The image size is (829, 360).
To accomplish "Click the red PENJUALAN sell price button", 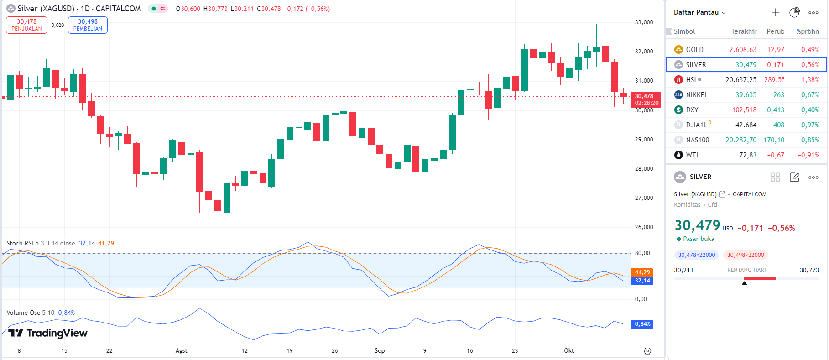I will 26,25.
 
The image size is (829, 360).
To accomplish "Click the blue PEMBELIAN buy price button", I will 88,25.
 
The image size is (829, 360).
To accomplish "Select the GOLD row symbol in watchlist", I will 694,50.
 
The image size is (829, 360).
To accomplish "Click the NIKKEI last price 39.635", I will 746,95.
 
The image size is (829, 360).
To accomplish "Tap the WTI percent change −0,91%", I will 808,155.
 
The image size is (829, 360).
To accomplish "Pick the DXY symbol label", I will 692,110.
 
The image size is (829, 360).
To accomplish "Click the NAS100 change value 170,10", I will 774,140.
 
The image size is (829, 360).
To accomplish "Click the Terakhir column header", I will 744,31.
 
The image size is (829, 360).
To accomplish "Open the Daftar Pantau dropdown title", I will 699,12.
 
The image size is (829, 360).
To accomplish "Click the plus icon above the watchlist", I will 775,12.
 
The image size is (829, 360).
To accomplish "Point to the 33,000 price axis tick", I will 644,22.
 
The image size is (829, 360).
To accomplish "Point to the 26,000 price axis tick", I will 644,227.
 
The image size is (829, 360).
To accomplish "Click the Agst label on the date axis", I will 181,351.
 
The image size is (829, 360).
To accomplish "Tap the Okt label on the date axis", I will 568,351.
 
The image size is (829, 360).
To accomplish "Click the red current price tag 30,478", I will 646,99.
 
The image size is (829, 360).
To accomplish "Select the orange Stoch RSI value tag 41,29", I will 642,272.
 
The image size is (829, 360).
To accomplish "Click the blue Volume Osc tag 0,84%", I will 642,324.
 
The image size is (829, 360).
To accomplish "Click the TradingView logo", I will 48,333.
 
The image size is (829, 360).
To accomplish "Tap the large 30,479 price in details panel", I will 697,225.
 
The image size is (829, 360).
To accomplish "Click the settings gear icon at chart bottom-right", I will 647,351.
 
